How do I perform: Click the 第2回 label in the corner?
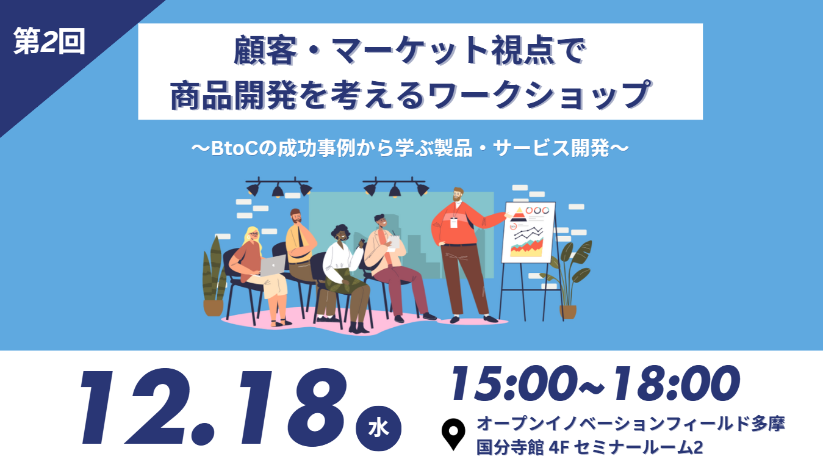tap(49, 42)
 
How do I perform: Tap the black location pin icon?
tap(453, 433)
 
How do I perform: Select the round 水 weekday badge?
tap(378, 428)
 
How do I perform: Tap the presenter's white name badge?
tap(454, 223)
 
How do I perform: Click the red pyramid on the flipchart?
tap(519, 214)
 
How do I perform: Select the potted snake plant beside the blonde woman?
tap(214, 276)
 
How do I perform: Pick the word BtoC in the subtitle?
tap(234, 148)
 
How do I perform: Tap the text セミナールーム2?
tap(638, 447)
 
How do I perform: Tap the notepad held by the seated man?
tap(394, 242)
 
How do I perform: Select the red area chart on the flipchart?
tap(527, 247)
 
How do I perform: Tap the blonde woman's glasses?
tap(254, 234)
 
